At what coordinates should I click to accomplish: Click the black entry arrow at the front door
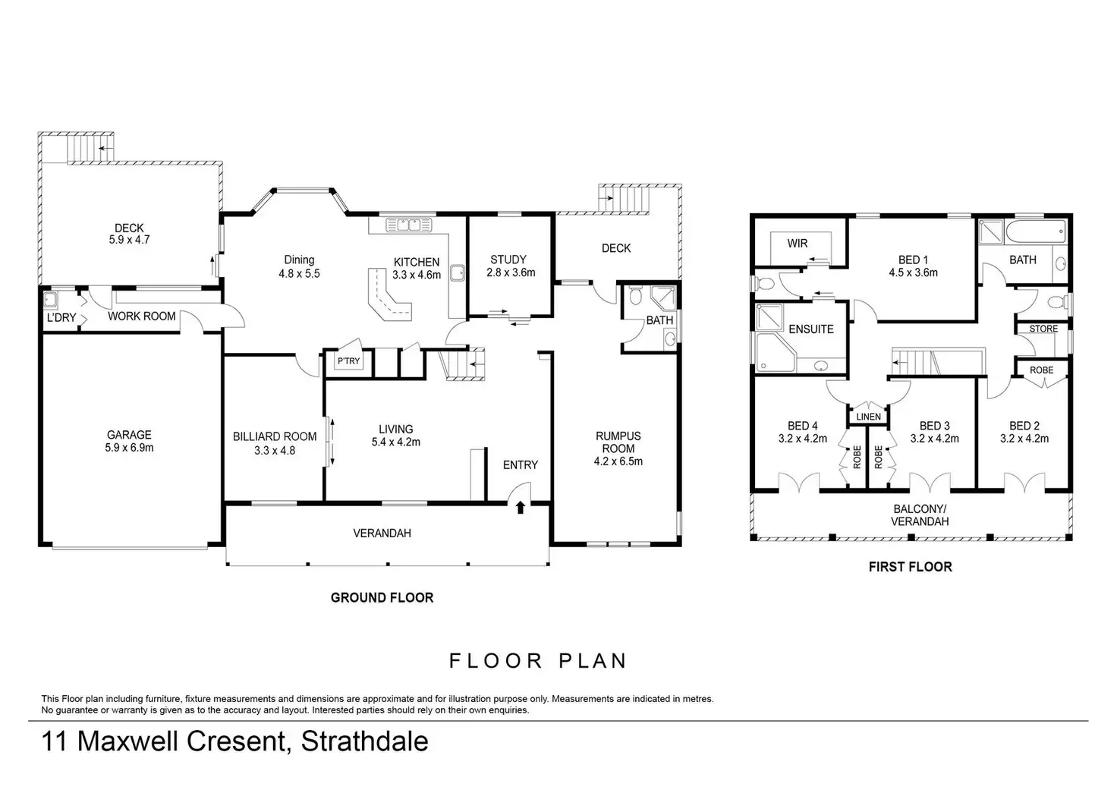coord(520,508)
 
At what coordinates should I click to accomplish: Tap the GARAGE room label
coord(129,435)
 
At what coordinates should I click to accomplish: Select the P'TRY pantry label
coord(348,361)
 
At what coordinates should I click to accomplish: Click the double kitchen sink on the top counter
coord(408,225)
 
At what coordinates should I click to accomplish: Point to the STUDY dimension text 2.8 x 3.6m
coord(511,272)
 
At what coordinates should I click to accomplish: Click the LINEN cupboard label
coord(868,417)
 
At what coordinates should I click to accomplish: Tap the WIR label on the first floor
coord(798,244)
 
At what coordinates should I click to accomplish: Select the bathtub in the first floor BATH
coord(1037,232)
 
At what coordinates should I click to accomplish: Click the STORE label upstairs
coord(1043,329)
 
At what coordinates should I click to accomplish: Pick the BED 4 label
coord(802,426)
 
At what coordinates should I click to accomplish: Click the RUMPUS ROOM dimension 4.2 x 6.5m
coord(618,462)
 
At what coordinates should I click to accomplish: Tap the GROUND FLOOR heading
coord(382,597)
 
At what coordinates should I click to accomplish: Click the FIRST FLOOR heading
coord(910,567)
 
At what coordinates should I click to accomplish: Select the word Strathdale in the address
coord(364,741)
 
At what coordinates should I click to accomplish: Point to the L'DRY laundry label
coord(61,318)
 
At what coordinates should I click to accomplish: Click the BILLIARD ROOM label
coord(275,437)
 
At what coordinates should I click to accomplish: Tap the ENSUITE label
coord(811,329)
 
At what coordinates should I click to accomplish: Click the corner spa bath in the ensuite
coord(775,352)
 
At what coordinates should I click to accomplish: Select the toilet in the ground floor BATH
coord(635,295)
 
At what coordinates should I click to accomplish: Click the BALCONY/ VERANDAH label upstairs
coord(920,515)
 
